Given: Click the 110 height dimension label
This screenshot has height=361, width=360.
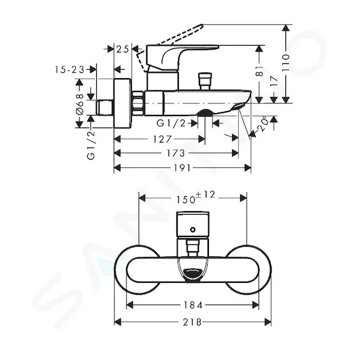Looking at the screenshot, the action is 285,63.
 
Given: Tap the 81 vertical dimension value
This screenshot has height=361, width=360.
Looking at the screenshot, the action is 259,71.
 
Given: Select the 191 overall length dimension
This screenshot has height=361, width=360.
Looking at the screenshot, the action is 182,168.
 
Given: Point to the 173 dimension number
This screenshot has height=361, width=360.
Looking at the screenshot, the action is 176,153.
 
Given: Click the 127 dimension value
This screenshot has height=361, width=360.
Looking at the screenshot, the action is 163,139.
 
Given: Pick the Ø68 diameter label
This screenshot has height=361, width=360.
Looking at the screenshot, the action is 79,104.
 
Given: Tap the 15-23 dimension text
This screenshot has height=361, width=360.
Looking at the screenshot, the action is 70,69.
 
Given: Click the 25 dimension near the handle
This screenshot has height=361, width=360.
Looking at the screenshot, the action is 122,49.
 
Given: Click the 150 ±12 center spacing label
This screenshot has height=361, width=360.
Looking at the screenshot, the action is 195,197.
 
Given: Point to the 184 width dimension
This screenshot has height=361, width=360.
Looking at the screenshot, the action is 193,305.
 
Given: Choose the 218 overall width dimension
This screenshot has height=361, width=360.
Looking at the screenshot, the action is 192,322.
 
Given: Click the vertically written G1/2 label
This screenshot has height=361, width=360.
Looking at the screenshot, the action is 91,145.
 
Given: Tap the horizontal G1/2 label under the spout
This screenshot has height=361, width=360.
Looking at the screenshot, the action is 171,123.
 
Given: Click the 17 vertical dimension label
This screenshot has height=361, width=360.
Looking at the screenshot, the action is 274,81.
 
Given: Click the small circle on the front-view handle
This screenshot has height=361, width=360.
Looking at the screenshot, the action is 193,230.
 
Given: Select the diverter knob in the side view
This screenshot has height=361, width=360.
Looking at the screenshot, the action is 205,81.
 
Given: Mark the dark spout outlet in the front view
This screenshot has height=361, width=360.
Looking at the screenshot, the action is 193,274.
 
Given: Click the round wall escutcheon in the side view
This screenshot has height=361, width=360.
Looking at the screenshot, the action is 123,103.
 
